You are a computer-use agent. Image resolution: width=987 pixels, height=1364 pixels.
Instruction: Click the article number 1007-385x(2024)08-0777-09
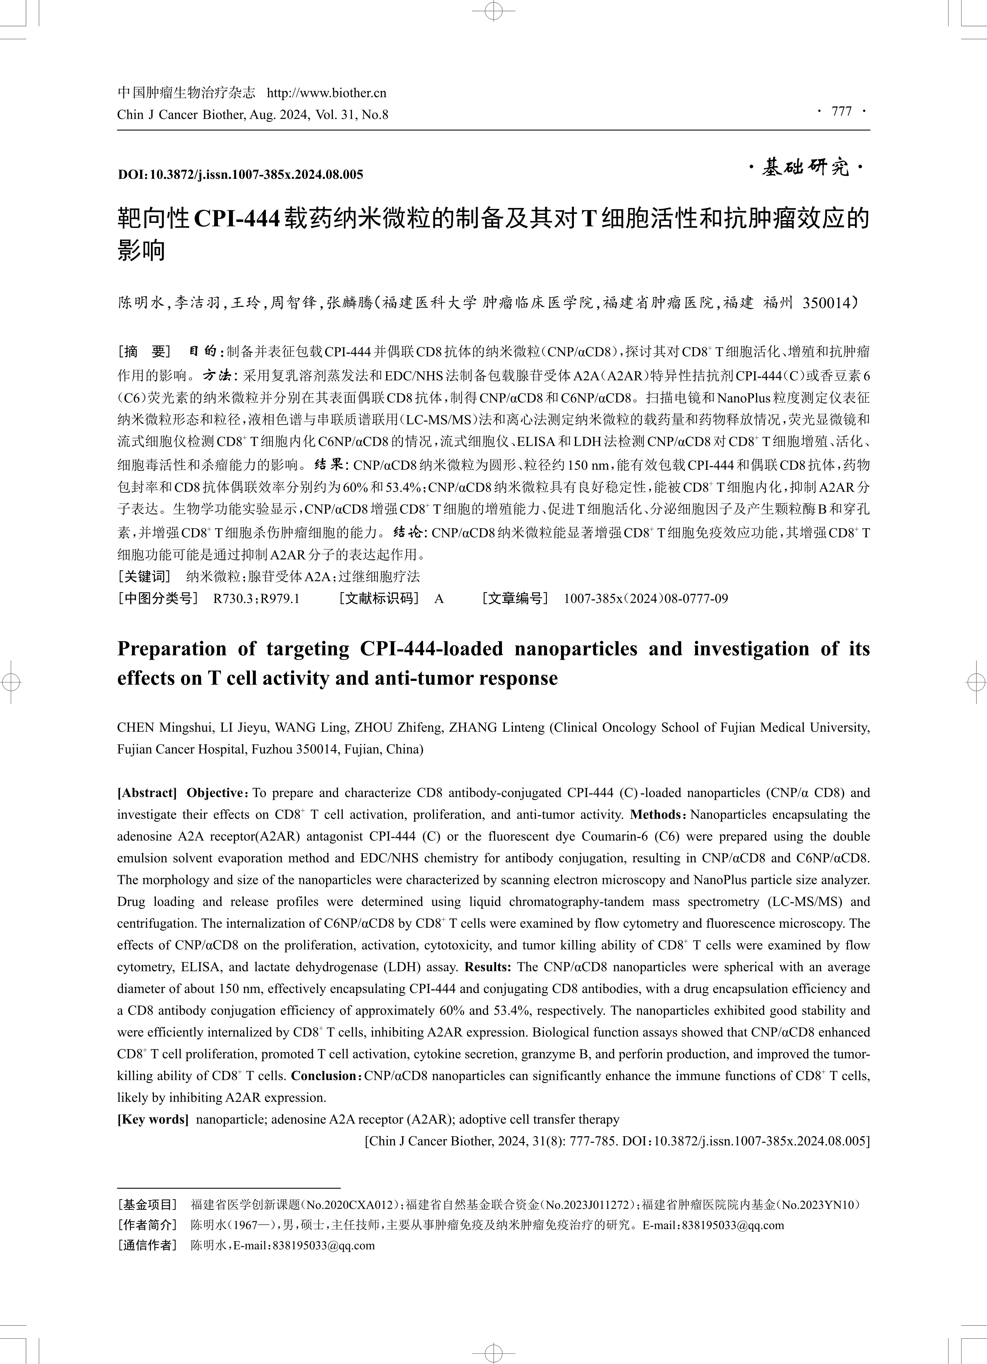click(x=646, y=598)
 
